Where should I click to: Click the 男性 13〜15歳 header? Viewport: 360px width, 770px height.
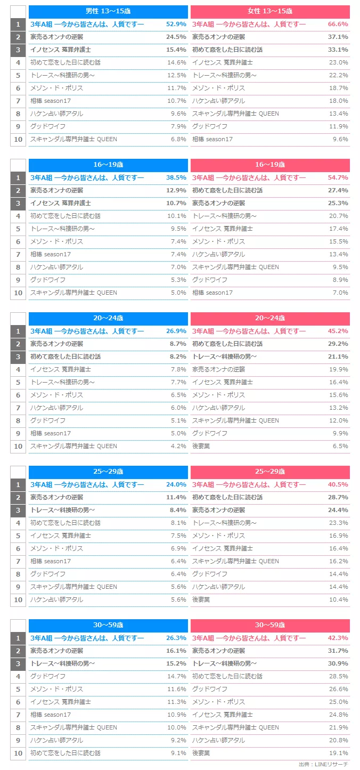click(x=108, y=11)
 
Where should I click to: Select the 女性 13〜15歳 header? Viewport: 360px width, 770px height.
click(x=270, y=11)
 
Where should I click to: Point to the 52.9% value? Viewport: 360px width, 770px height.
click(x=176, y=24)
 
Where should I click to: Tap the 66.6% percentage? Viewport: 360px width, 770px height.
click(x=338, y=24)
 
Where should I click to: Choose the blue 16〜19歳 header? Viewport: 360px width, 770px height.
click(x=108, y=165)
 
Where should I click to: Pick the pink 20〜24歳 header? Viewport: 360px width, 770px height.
click(x=270, y=318)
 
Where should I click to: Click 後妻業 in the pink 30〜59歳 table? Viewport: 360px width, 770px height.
click(x=201, y=753)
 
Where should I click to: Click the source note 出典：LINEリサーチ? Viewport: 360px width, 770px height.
click(x=323, y=764)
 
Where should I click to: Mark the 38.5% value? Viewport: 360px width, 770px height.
click(x=176, y=177)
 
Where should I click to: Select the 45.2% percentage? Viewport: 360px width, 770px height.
click(x=338, y=331)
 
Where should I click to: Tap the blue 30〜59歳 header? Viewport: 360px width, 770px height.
click(x=108, y=625)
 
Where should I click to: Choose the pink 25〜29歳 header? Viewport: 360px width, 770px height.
click(x=270, y=472)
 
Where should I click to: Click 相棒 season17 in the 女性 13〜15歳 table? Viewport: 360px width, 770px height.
click(x=212, y=139)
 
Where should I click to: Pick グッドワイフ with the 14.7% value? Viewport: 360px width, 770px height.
click(x=48, y=676)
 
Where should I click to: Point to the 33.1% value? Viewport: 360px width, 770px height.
click(x=338, y=50)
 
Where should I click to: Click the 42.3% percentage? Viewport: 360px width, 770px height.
click(x=338, y=638)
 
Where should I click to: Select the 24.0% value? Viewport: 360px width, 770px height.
click(x=176, y=484)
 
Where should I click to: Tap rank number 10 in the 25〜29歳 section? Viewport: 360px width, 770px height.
click(x=18, y=599)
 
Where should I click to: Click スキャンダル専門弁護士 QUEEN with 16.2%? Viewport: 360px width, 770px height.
click(x=235, y=561)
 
